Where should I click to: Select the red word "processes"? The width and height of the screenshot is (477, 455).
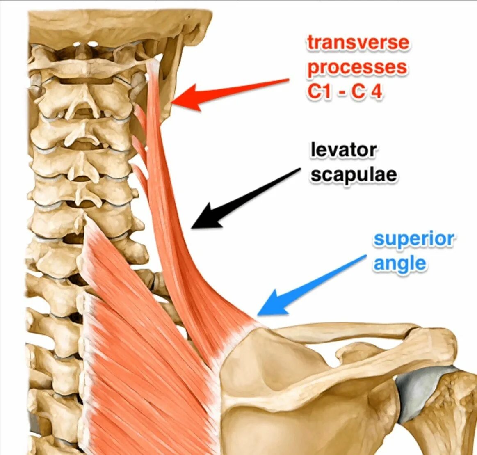click(357, 68)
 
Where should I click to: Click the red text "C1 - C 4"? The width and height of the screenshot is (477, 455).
click(345, 92)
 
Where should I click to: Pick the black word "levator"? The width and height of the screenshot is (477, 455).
click(343, 150)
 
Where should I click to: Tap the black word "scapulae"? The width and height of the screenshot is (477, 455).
click(354, 175)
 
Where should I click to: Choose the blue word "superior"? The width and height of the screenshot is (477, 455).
click(413, 240)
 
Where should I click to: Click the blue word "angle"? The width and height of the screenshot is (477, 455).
click(399, 263)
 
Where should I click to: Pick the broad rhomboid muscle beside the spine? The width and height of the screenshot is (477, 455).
click(139, 349)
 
